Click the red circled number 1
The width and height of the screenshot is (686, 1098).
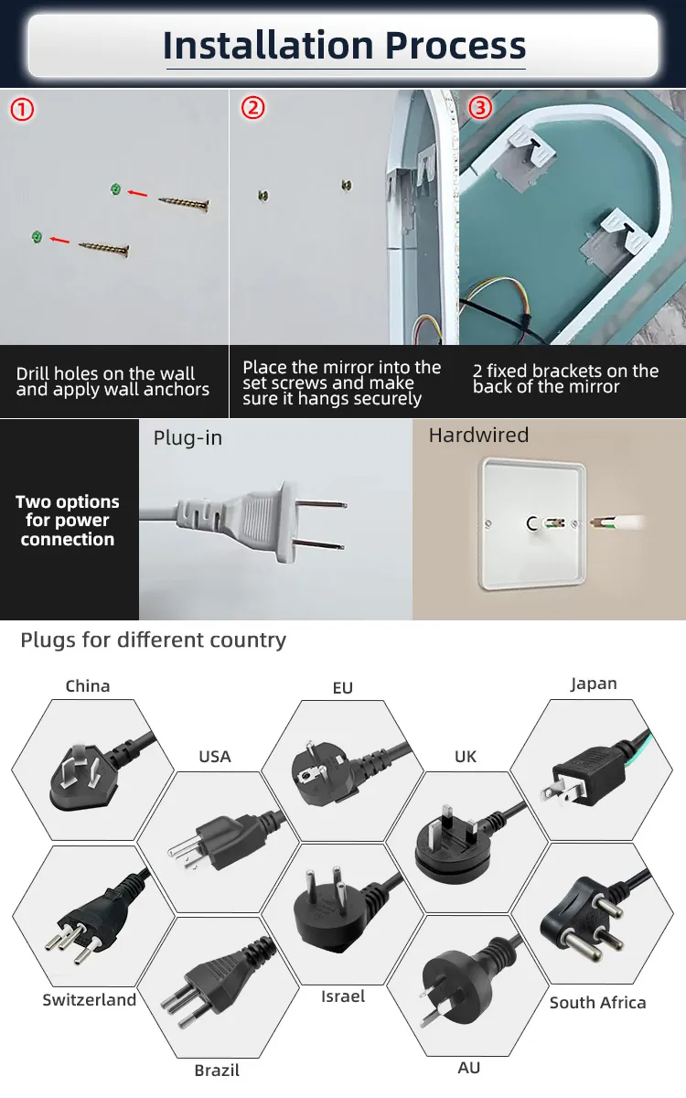coord(22,110)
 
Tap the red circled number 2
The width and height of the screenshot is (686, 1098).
coord(252,108)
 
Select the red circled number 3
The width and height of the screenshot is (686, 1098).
coord(480,107)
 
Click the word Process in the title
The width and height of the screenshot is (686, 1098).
coord(456,45)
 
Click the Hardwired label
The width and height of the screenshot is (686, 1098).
coord(478,436)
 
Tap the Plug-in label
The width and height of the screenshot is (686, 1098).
coord(188,437)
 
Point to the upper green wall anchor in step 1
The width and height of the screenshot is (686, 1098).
coord(115,189)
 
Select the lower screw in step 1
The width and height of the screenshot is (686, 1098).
coord(104,249)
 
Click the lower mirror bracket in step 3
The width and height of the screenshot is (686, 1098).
coord(615,236)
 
